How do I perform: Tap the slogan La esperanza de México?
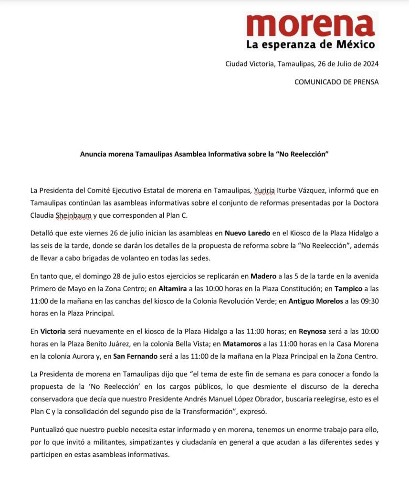pos(311,45)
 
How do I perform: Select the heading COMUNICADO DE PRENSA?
pos(336,82)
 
